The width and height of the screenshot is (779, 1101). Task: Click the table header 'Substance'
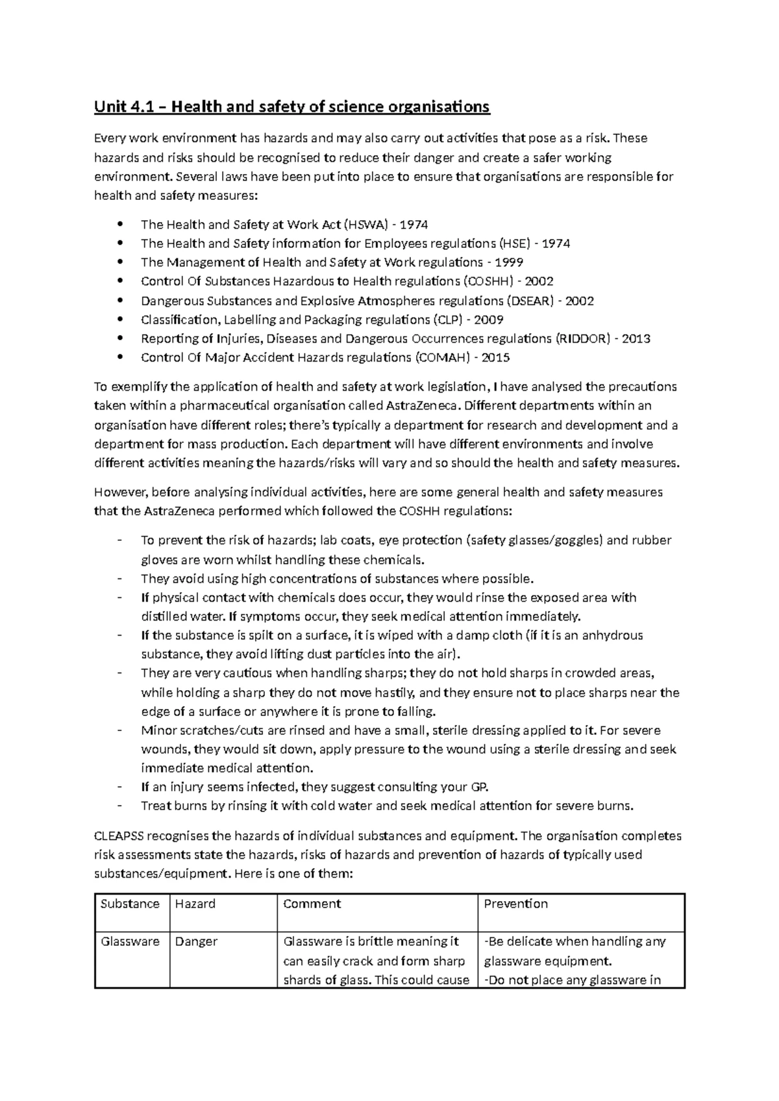tap(130, 904)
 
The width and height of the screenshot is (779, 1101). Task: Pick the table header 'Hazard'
tap(195, 904)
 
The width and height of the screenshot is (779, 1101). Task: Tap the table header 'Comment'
tap(312, 904)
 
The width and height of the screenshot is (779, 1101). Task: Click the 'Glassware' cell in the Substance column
tap(130, 941)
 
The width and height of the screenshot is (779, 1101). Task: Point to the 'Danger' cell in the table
tap(196, 941)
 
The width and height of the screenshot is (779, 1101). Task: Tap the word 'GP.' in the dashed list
tap(478, 787)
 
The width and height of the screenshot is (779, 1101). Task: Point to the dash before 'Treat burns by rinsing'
tap(119, 806)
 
